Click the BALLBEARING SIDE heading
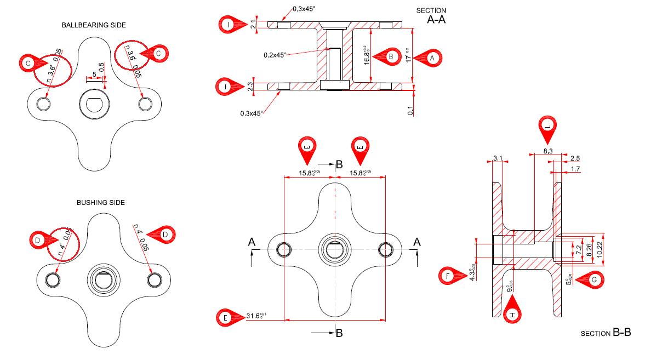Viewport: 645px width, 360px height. pos(94,25)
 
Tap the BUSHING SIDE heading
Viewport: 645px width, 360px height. pos(101,203)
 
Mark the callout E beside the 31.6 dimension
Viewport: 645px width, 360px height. pos(225,317)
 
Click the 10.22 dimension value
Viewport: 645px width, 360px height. pos(600,249)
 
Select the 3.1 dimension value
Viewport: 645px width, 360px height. pos(498,158)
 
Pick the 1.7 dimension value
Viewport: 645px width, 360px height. pos(575,169)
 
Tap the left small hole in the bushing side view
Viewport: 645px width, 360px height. pos(53,279)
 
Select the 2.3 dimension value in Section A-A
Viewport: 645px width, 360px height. pos(250,86)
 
